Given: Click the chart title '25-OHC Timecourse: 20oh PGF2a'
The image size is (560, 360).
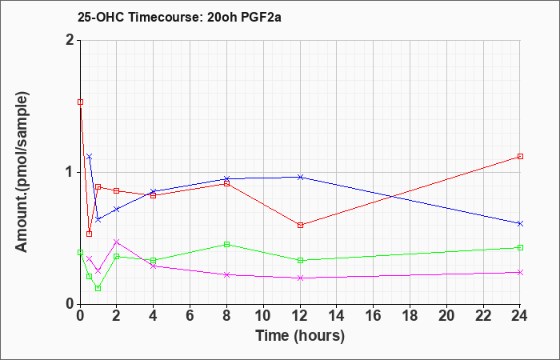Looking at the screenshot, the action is coord(179,17).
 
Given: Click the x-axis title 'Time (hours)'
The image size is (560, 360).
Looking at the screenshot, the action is coord(300,336).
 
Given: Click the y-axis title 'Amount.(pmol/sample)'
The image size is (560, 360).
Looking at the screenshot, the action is coord(22,172).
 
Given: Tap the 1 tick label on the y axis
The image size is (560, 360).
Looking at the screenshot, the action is coord(70,172).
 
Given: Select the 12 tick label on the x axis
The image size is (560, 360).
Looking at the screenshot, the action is coord(300,316).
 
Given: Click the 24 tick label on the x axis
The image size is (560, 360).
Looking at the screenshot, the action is coord(520,316).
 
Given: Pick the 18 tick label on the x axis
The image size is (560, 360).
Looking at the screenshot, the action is coord(410,316).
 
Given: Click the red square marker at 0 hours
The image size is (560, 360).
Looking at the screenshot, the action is coord(80,102).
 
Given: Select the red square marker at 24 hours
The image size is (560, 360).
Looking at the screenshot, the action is coord(520,157).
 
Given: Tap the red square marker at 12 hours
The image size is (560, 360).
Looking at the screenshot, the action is coord(300,225).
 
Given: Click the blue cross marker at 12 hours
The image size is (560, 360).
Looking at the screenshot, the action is coord(300,177).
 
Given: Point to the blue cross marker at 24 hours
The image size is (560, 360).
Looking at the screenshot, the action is coord(520,223).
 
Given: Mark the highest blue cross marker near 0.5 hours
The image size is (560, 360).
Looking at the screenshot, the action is coord(90,157).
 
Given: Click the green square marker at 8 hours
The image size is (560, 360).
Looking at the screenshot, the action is coord(226,244).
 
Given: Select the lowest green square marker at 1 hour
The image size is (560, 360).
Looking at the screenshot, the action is coord(98,288).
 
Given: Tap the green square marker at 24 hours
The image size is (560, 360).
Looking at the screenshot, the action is coord(520,247).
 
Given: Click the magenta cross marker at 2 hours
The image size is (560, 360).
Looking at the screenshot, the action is coord(117,242).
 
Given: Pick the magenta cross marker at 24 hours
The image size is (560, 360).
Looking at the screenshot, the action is coord(520,273).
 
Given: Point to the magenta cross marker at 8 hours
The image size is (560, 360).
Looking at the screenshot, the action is coord(226,274).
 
